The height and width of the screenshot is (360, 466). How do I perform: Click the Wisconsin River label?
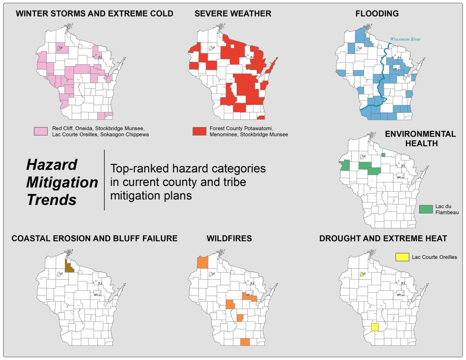click(x=405, y=39)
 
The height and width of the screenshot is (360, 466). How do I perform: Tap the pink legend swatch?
click(x=41, y=131)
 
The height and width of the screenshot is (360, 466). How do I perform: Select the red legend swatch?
click(x=199, y=131)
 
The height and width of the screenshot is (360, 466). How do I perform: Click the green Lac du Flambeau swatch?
click(x=426, y=209)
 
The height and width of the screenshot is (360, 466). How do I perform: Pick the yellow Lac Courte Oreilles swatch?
click(x=402, y=257)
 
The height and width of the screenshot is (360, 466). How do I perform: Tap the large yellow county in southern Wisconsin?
click(x=375, y=328)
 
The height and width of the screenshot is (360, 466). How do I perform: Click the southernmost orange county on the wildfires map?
click(x=245, y=342)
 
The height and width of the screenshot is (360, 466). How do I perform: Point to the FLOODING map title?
click(x=377, y=14)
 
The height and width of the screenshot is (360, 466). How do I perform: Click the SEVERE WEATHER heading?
click(x=233, y=14)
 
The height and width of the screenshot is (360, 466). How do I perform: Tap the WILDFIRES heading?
click(x=229, y=238)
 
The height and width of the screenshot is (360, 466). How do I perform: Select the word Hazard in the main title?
click(x=52, y=165)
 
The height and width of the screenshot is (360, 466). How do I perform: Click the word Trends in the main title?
click(x=52, y=200)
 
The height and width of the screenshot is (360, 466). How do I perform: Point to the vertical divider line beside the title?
click(x=104, y=180)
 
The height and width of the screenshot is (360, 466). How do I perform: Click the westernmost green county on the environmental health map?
click(x=345, y=166)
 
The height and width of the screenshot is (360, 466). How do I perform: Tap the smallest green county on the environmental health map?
click(x=383, y=155)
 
